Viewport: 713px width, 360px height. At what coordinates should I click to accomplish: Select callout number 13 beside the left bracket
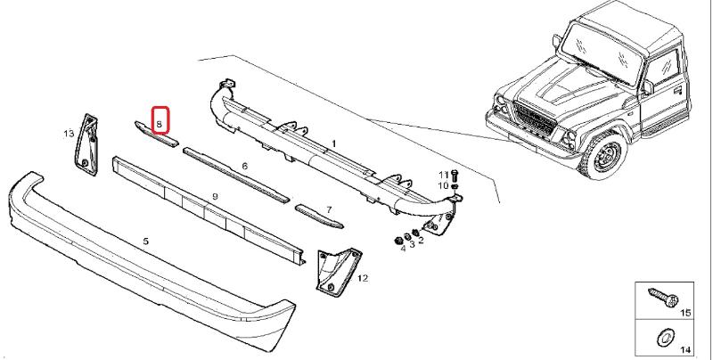point(68,134)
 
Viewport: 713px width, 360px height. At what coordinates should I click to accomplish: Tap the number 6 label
point(244,167)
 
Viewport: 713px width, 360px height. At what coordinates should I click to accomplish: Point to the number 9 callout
point(215,196)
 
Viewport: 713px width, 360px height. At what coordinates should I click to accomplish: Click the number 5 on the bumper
point(146,241)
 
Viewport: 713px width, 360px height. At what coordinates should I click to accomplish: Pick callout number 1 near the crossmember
point(333,143)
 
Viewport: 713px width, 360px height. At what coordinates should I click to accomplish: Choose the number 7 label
point(328,210)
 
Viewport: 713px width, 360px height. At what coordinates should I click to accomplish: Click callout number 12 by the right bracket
point(363,278)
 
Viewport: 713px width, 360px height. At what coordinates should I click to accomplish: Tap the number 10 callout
point(442,185)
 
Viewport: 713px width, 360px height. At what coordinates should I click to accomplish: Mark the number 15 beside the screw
point(685,313)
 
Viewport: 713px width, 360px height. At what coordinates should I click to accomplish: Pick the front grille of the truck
point(538,119)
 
